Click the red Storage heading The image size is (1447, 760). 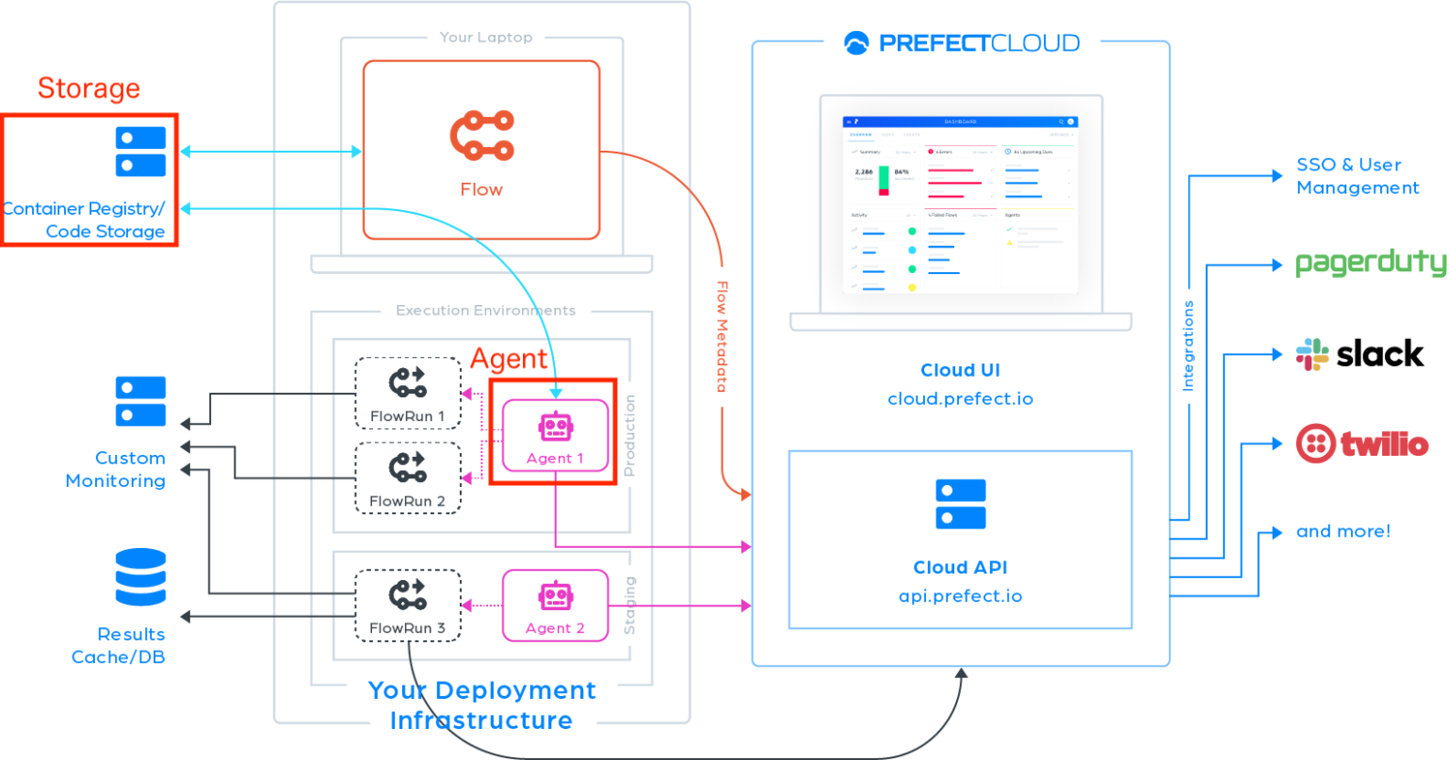tap(89, 89)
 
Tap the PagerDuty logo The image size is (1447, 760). tap(1370, 263)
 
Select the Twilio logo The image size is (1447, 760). tap(1361, 444)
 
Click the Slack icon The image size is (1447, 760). tap(1311, 354)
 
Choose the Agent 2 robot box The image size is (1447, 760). tap(555, 605)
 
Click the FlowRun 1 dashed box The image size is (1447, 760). tap(408, 394)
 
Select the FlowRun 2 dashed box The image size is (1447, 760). tap(408, 478)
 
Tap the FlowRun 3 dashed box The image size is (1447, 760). tap(408, 605)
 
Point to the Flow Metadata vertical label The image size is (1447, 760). tap(723, 336)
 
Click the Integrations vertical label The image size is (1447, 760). tap(1188, 346)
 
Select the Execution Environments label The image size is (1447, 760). tap(485, 311)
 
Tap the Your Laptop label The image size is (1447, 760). tap(485, 38)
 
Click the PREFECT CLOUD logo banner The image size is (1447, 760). tap(962, 42)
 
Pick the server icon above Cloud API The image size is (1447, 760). tap(960, 504)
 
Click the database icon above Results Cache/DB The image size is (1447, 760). tap(140, 576)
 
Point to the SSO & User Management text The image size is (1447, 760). tap(1357, 176)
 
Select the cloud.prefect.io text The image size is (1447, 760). tap(960, 398)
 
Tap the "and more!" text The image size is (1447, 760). tap(1342, 532)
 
